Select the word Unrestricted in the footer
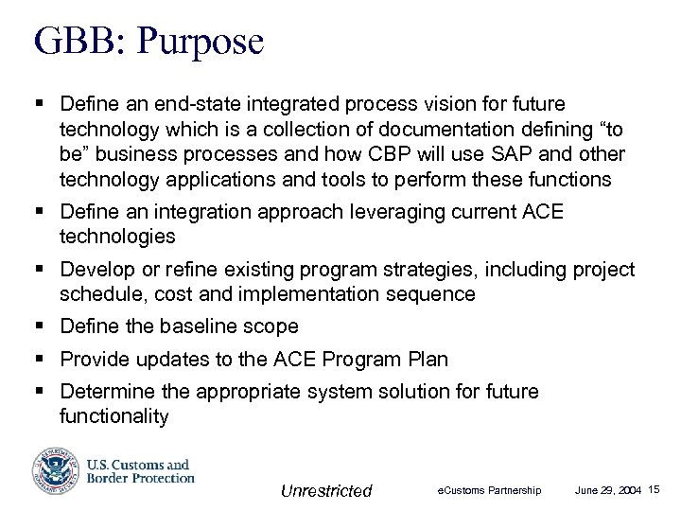click(x=326, y=490)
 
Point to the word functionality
click(x=113, y=416)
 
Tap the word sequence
click(x=434, y=294)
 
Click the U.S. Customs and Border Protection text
click(x=139, y=471)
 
